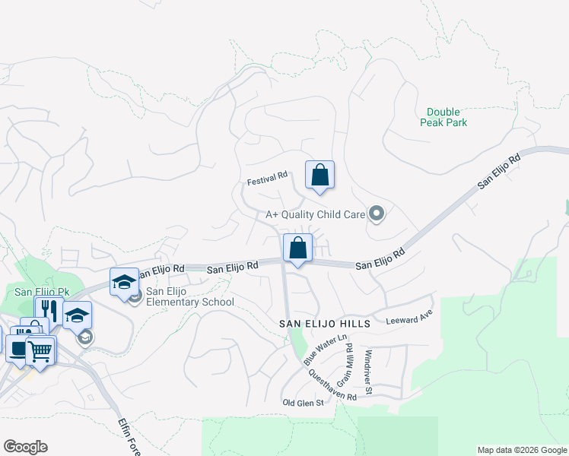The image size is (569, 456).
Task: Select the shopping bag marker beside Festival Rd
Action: [x=320, y=174]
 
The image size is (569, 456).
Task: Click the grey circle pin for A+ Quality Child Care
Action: [x=376, y=214]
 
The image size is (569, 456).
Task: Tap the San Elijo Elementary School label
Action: [x=190, y=296]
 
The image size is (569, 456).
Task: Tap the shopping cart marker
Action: [x=41, y=351]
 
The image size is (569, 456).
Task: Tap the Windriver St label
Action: [x=367, y=372]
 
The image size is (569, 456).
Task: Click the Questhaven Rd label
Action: [x=332, y=385]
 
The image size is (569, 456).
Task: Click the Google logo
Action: [x=25, y=447]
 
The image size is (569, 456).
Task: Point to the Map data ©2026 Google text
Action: [x=521, y=450]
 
